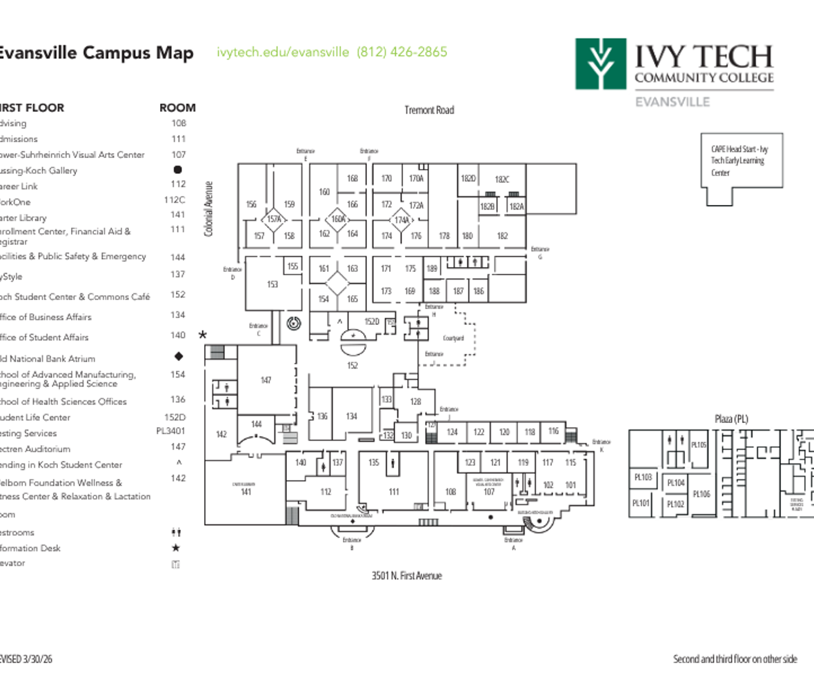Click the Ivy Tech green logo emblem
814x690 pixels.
tap(600, 64)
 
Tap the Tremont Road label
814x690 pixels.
tap(429, 110)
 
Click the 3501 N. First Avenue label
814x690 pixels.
tap(406, 575)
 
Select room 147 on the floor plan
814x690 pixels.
tap(266, 380)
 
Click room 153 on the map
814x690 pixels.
tap(272, 284)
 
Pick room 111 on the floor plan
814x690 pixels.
tap(394, 492)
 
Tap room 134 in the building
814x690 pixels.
tap(352, 416)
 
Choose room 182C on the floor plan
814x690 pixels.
tap(502, 179)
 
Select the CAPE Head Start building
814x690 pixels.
tap(742, 160)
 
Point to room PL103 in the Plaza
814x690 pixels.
tap(642, 477)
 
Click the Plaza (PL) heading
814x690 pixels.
tap(731, 419)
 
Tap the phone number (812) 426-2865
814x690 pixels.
tap(401, 52)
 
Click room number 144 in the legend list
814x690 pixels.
tap(178, 257)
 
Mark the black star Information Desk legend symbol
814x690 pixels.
tap(176, 548)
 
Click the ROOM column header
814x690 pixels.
tap(177, 108)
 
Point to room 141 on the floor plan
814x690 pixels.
tap(246, 492)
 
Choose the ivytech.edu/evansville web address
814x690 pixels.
tap(283, 52)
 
